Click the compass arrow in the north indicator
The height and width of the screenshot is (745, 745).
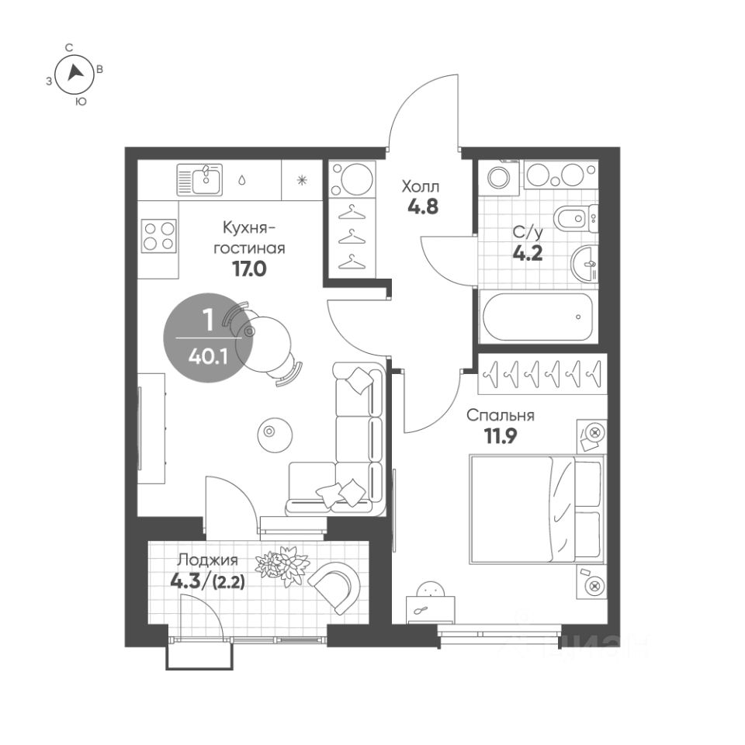[x=74, y=72]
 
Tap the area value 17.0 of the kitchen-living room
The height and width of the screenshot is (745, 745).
[x=249, y=269]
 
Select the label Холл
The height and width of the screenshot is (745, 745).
[x=421, y=186]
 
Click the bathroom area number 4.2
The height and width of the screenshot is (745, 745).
[x=528, y=253]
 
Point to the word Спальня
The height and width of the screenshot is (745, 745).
[x=500, y=415]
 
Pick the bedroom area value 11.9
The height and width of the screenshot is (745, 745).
[x=501, y=435]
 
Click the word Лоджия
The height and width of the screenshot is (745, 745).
[x=207, y=560]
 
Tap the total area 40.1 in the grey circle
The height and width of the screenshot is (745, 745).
[x=208, y=356]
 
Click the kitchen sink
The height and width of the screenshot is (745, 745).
[x=199, y=179]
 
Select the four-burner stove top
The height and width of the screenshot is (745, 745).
[x=159, y=236]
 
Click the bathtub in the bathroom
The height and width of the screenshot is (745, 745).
[x=538, y=317]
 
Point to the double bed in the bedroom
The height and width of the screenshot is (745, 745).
[x=537, y=509]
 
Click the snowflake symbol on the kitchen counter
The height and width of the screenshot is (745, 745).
[x=302, y=180]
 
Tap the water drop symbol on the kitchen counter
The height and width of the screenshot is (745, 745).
[x=242, y=180]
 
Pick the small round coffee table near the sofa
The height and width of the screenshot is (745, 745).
[x=275, y=435]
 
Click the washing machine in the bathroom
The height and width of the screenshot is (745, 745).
[x=499, y=178]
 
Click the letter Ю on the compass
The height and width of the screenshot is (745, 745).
[x=81, y=102]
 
